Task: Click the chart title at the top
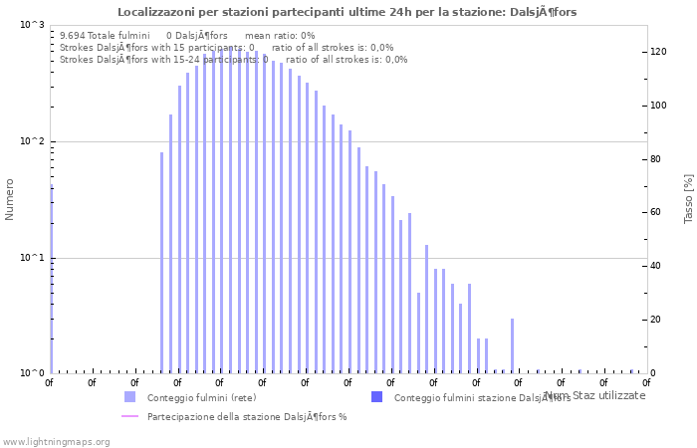pos(347,12)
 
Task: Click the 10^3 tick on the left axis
pos(32,25)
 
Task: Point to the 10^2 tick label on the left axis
pos(32,142)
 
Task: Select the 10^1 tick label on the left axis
pos(32,259)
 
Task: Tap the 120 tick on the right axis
pos(659,52)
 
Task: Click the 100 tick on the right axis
pos(659,106)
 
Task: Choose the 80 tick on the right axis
pos(657,159)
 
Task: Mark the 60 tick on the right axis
pos(657,212)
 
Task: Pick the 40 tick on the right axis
pos(657,266)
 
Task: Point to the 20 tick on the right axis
pos(657,320)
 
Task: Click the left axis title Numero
pos(10,199)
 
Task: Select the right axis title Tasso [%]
pos(688,198)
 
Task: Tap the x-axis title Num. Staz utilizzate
pos(594,395)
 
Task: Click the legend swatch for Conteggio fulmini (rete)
pos(129,397)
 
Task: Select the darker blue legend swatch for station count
pos(376,397)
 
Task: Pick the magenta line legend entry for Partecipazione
pos(129,416)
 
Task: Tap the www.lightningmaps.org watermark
pos(55,441)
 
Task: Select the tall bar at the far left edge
pos(51,279)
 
